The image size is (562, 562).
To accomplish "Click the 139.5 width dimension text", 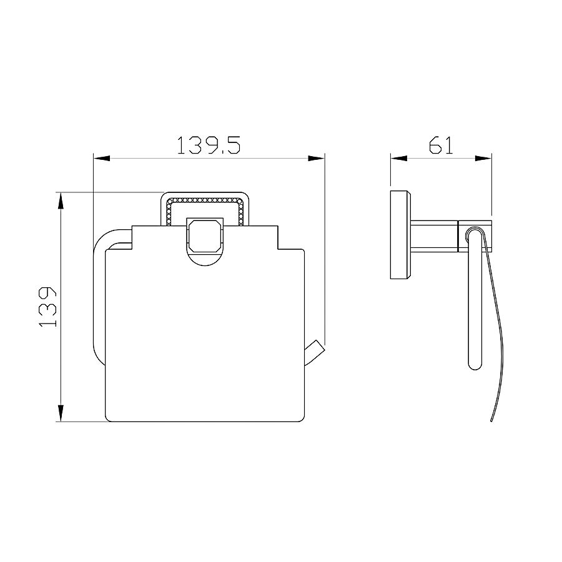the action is point(209,145).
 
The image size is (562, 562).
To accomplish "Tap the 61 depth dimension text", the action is point(441,145).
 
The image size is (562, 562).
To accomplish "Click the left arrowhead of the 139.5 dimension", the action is point(101,158).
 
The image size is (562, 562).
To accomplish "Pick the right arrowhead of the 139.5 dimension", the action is point(317,158).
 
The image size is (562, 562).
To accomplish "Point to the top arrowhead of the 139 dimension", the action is point(61,200).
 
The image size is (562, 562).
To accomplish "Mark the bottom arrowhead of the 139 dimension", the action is point(61,413).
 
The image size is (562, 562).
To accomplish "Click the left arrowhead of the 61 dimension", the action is point(399,158).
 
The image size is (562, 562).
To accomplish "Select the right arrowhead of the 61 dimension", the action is point(483,158).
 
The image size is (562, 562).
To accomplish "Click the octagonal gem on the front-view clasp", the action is point(205,235).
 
